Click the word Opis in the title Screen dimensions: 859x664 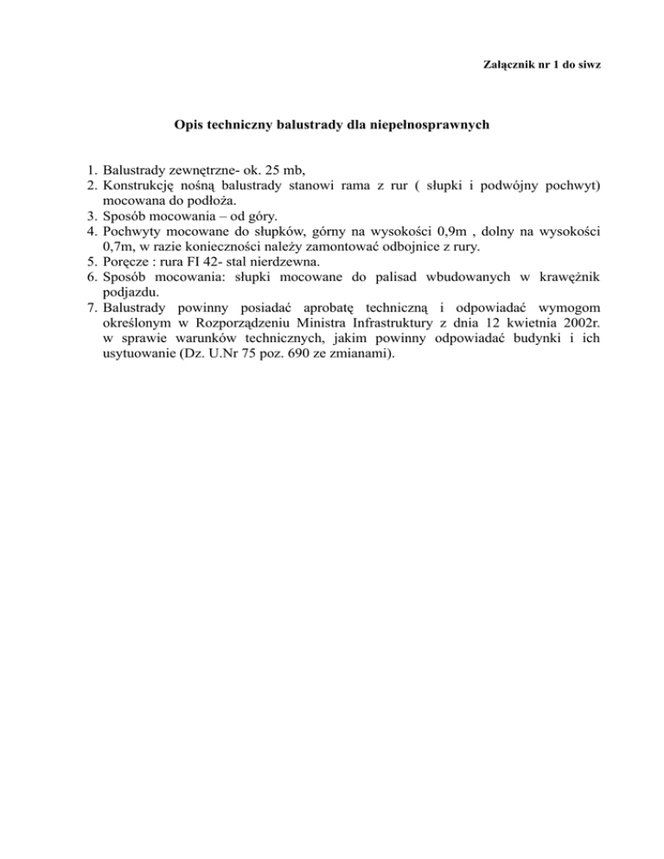188,125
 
